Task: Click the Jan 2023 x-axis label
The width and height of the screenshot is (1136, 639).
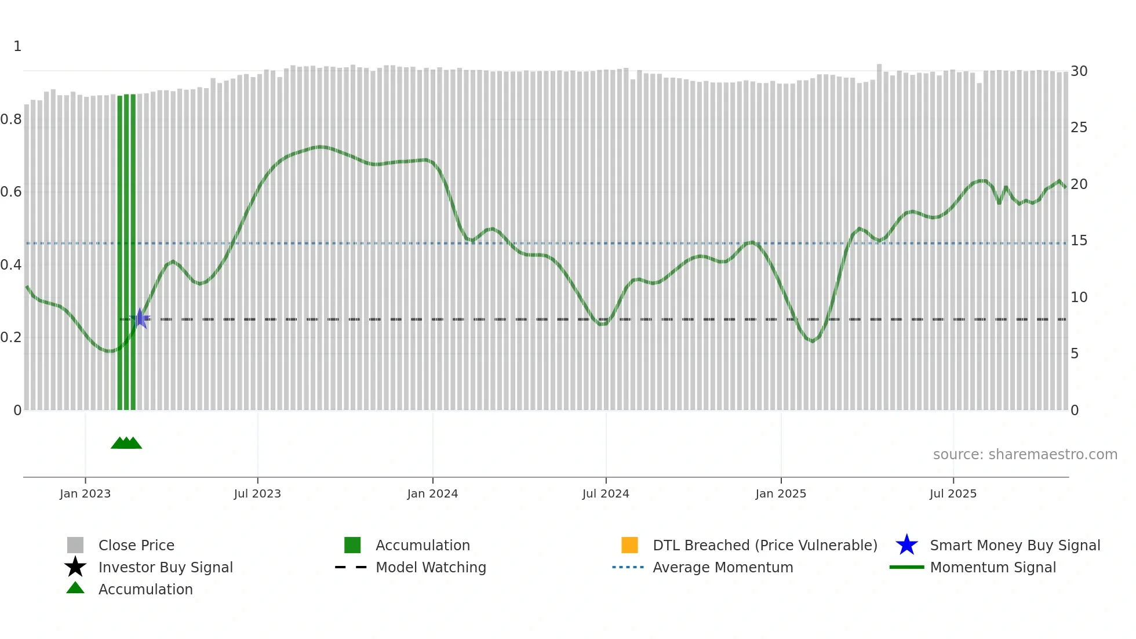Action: click(85, 493)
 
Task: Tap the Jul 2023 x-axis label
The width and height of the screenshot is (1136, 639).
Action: click(257, 493)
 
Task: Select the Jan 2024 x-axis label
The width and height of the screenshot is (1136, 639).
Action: click(432, 493)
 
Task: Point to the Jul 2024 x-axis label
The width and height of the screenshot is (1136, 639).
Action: click(606, 493)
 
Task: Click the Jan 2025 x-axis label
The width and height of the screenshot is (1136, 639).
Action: click(781, 493)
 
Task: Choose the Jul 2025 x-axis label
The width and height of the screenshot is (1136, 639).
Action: click(953, 493)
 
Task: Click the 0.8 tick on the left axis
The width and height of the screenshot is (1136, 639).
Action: click(11, 119)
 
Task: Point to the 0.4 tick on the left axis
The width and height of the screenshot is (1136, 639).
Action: click(11, 265)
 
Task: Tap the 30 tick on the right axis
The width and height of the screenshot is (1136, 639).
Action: click(1079, 71)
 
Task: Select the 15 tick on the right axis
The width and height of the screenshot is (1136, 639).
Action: click(1079, 241)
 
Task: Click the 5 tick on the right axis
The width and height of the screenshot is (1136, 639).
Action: click(1075, 354)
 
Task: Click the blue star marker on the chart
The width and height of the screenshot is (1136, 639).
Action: click(140, 318)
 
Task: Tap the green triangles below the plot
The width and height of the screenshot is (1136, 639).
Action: click(126, 443)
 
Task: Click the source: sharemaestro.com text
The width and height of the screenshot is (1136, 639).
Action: click(1025, 455)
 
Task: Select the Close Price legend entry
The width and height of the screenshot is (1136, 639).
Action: click(136, 545)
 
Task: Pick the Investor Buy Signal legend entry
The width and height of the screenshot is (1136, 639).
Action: click(165, 567)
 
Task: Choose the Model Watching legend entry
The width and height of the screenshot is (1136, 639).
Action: click(431, 567)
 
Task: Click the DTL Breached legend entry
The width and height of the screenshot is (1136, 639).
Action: click(764, 545)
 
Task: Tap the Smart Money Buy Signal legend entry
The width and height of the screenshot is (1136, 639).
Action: click(1015, 545)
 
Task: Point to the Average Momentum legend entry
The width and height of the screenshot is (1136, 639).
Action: click(723, 567)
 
